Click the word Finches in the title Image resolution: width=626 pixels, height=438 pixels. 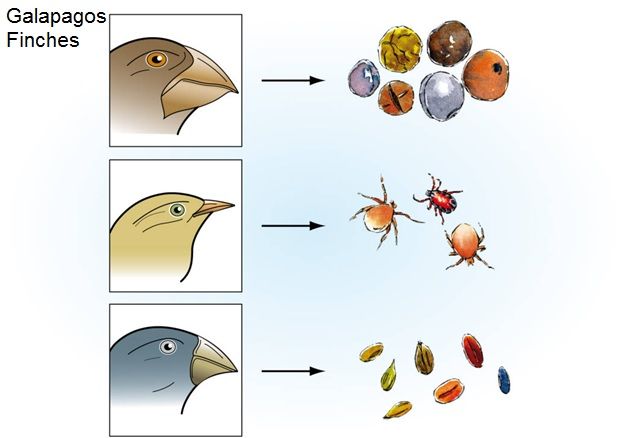(x=43, y=41)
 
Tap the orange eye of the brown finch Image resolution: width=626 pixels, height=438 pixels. (x=156, y=59)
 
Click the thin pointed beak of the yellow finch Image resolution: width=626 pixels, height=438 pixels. (x=212, y=209)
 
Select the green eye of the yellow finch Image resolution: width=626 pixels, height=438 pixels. (x=177, y=210)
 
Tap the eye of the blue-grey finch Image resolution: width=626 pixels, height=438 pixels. (x=167, y=346)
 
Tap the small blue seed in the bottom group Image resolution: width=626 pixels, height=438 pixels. (x=503, y=380)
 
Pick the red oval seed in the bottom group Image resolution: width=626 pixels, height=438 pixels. (x=473, y=350)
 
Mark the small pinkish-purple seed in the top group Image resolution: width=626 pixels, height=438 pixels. (x=362, y=77)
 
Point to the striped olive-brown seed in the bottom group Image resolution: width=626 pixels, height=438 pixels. (x=424, y=356)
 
